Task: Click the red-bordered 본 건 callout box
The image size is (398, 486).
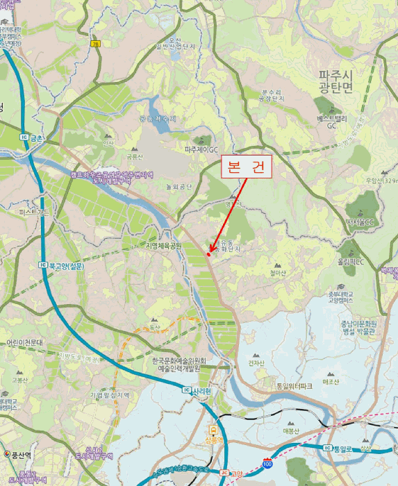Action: point(247,167)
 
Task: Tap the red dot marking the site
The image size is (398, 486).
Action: point(208,254)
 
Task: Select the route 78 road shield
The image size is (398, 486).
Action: point(94,44)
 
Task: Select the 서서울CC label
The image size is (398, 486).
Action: point(360,221)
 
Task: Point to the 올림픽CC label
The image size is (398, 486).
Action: point(351,262)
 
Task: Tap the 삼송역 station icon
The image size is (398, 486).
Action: point(213,428)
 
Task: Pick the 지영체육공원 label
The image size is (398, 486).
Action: point(164,245)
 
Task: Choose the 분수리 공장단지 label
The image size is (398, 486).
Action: point(273,95)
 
